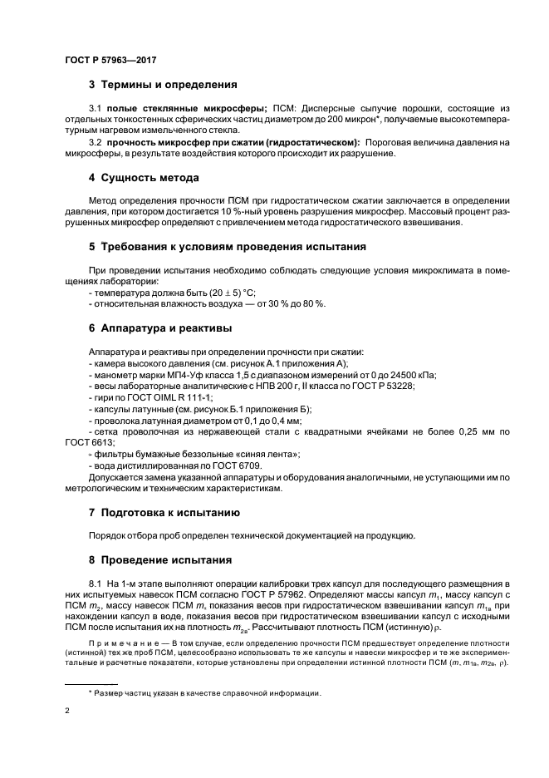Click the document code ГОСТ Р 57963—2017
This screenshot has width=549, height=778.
110,61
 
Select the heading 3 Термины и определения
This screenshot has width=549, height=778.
164,85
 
